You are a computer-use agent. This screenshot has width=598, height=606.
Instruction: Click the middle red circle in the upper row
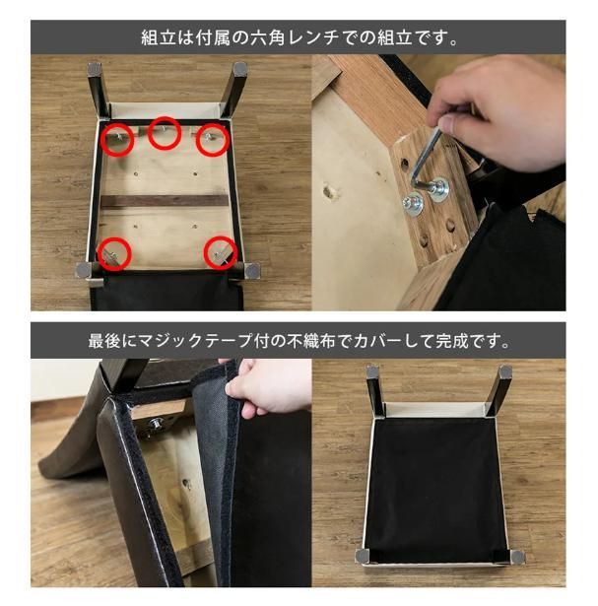pyautogui.click(x=165, y=135)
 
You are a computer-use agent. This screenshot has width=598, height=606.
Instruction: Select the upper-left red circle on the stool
pyautogui.click(x=117, y=140)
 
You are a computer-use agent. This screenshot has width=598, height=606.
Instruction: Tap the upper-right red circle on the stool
pyautogui.click(x=212, y=140)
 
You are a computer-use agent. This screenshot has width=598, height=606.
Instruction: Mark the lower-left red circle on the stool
pyautogui.click(x=115, y=253)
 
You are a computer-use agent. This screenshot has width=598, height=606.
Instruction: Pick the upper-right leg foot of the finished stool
pyautogui.click(x=504, y=373)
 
